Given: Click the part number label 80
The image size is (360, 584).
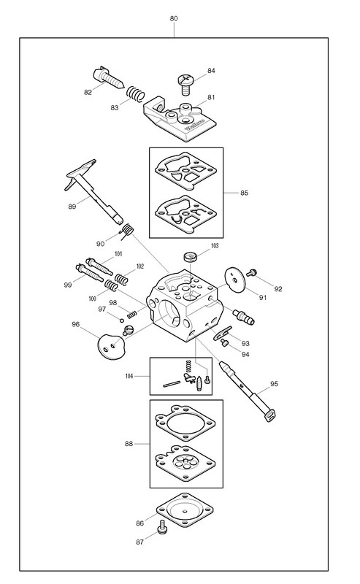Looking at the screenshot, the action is tap(174, 18).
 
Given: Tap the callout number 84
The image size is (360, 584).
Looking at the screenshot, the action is tap(211, 70).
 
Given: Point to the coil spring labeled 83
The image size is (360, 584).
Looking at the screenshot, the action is tap(135, 93).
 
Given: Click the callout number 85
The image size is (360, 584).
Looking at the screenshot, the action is tap(244, 193).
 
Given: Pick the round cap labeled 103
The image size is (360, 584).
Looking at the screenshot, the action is tap(191, 257).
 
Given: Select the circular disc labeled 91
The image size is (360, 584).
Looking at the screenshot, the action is tap(235, 279).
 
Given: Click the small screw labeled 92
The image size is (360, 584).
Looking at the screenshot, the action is tap(251, 272).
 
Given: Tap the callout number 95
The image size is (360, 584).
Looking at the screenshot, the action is tap(275, 384).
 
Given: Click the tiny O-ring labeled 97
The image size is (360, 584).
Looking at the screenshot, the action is tap(121, 320).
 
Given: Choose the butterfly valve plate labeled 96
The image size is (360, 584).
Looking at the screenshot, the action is tap(111, 346).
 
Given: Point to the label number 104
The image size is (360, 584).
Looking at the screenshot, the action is tap(129, 376).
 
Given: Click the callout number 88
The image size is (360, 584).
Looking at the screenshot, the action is tap(129, 444).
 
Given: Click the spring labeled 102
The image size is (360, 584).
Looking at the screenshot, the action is tap(121, 279).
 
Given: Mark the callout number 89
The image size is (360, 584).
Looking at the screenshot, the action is tap(72, 207).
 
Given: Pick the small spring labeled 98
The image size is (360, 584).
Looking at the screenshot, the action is tap(132, 315).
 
